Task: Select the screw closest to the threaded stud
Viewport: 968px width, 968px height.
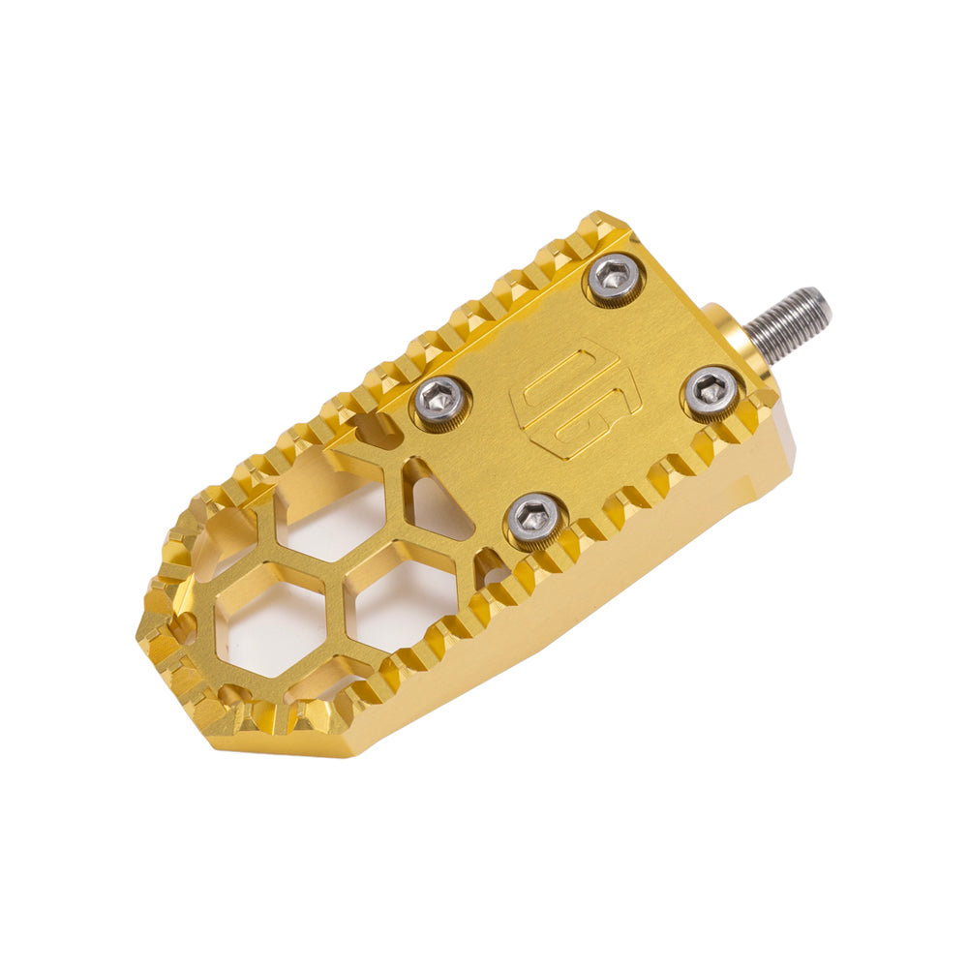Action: point(711,391)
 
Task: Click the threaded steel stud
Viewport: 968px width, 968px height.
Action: point(790,321)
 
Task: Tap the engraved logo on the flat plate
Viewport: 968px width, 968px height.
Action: point(566,400)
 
